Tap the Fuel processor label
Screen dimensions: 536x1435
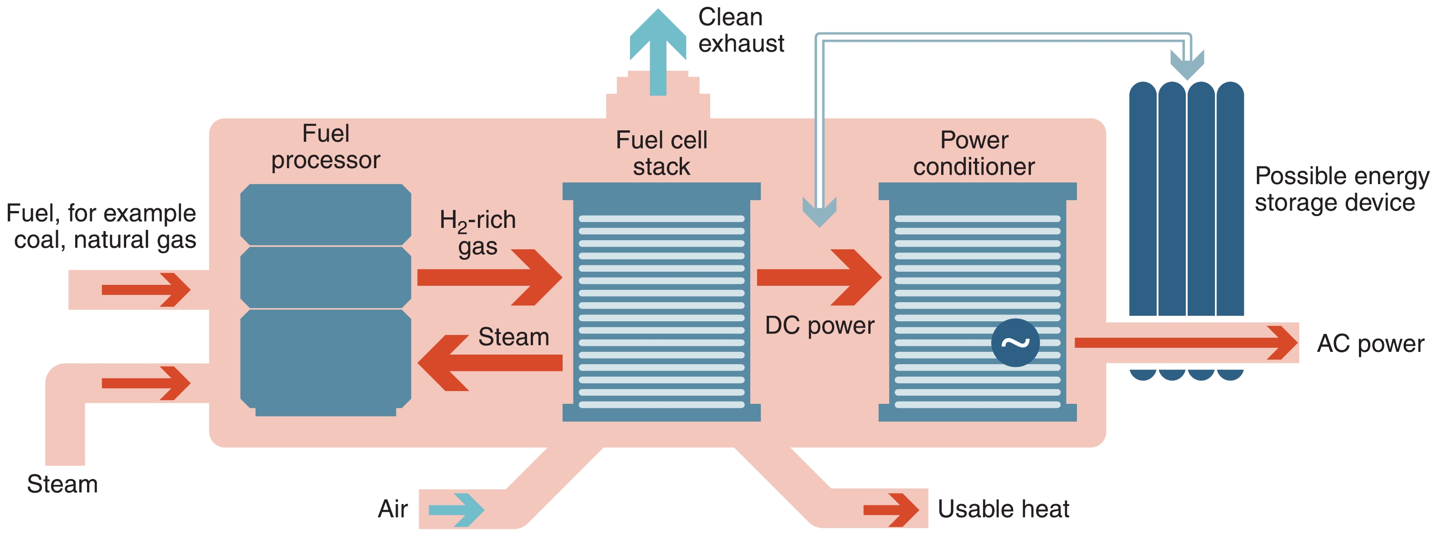325,147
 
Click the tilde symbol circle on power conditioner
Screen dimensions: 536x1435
1015,343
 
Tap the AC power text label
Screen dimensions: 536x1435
1370,344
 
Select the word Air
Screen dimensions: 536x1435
393,509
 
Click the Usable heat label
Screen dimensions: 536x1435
1003,509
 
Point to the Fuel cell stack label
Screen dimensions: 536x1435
661,153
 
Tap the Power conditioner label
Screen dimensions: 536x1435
974,153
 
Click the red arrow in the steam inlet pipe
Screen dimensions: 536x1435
146,383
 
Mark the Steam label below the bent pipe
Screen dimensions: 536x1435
62,484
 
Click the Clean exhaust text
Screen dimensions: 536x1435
741,30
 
